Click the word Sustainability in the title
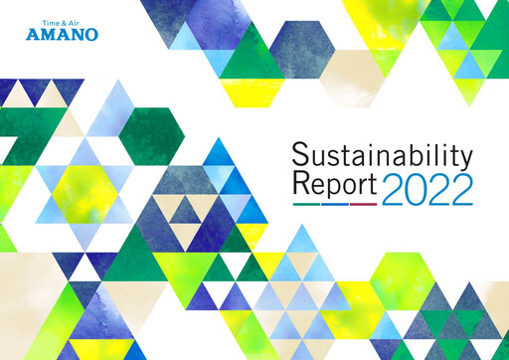[381, 156]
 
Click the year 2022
[426, 185]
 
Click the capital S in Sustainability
[301, 155]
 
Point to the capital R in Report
[301, 184]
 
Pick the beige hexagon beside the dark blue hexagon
[349, 71]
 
